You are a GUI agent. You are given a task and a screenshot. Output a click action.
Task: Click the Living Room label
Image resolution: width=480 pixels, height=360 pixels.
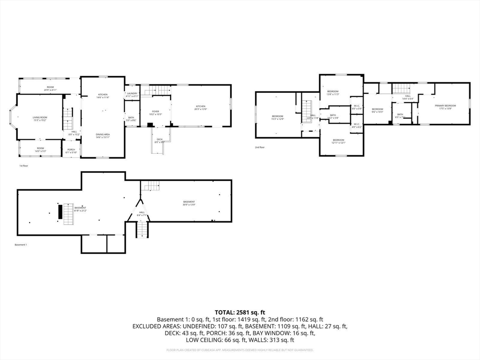40,119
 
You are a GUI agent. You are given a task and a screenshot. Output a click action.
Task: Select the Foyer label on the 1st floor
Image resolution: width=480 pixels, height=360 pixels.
155,112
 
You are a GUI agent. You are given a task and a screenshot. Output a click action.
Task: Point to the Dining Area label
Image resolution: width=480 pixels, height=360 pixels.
103,136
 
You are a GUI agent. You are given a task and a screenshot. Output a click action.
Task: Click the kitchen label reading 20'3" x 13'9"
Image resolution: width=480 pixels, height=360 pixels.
200,108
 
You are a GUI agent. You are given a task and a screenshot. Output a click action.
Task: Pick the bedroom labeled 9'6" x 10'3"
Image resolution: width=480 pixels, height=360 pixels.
377,110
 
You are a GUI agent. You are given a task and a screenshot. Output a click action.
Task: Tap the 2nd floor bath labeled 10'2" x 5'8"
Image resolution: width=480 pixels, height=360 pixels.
333,116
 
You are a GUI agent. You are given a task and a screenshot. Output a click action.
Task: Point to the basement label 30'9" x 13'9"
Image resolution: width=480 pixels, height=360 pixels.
189,203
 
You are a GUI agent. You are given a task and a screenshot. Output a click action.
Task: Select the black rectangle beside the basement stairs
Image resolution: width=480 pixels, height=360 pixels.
60,211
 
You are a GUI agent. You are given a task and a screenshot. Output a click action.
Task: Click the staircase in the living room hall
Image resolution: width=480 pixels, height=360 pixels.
68,119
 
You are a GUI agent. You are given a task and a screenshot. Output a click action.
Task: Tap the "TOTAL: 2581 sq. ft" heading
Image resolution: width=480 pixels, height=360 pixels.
240,312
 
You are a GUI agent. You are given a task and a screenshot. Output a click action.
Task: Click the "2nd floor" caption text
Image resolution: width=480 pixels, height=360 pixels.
260,147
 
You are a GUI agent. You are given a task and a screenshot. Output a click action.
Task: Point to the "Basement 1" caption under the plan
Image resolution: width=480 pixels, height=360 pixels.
21,245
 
